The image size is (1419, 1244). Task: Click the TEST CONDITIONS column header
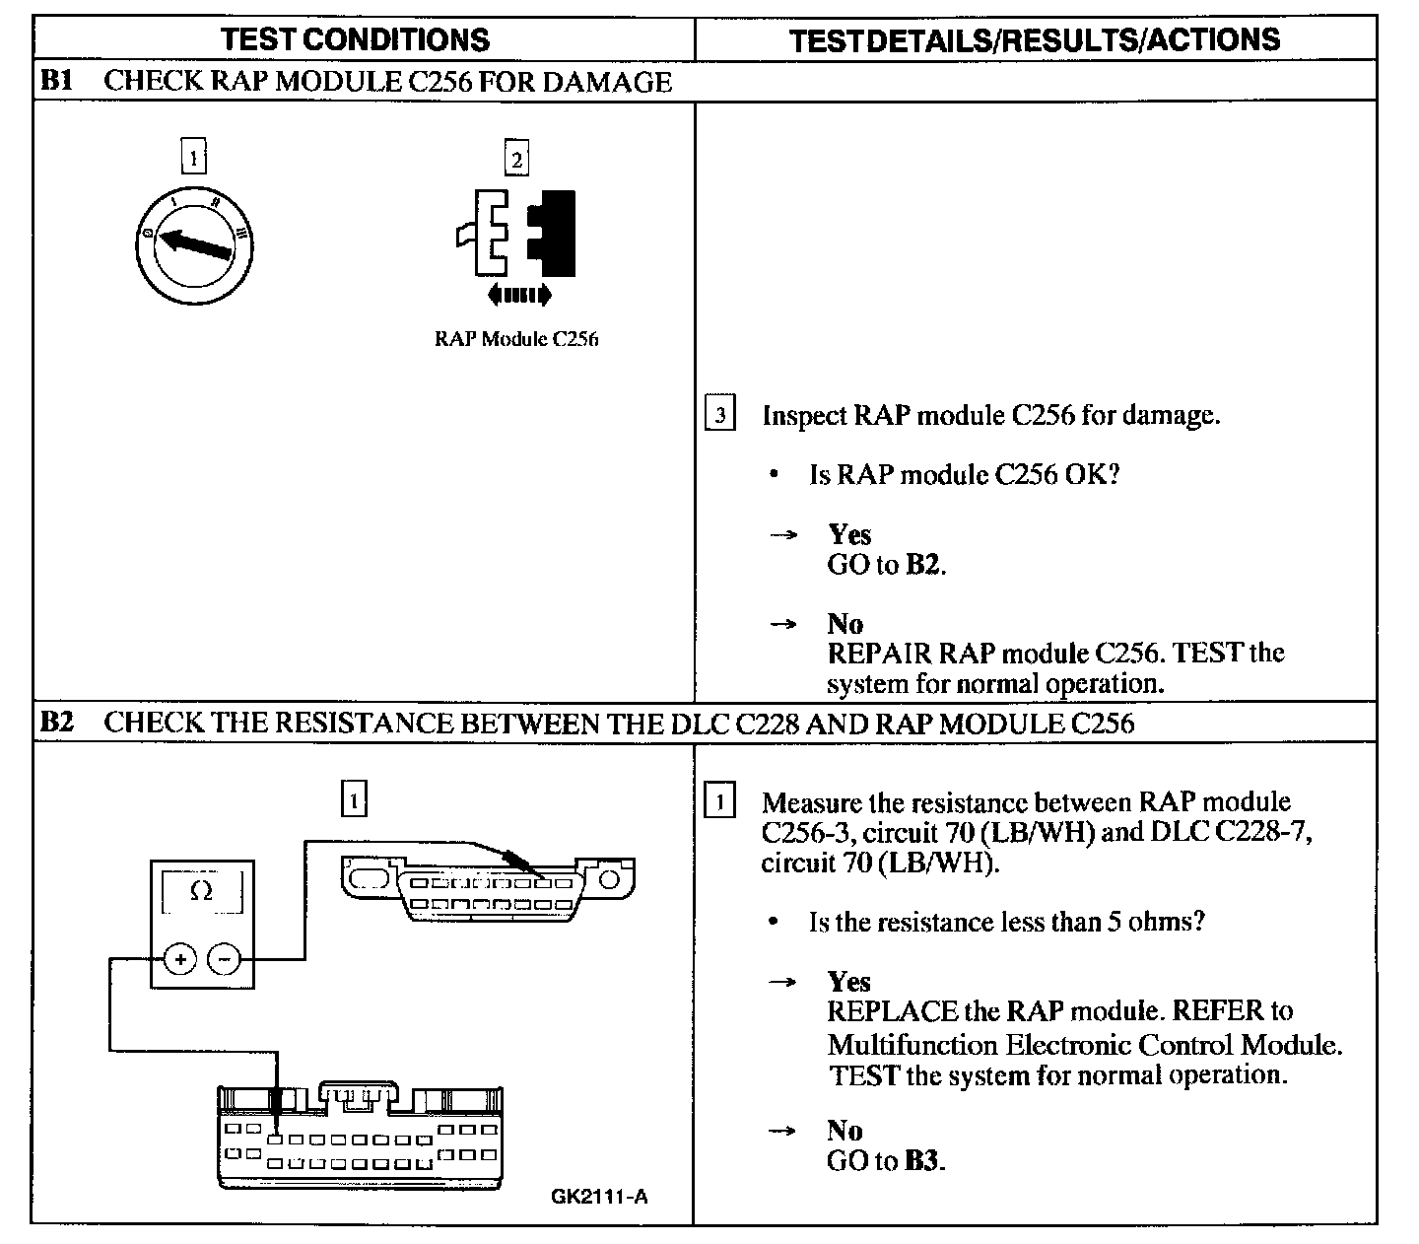(355, 39)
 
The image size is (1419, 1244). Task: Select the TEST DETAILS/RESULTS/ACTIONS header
(1035, 39)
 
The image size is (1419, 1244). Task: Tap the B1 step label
(55, 81)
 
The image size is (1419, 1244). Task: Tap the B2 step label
(55, 723)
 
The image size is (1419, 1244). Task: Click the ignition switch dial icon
(194, 240)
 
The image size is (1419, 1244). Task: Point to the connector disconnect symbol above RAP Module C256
(518, 237)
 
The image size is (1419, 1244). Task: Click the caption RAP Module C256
(516, 339)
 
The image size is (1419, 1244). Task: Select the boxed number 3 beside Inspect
(720, 415)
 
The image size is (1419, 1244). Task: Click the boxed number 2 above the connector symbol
(515, 159)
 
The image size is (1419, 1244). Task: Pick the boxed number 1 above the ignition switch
(194, 157)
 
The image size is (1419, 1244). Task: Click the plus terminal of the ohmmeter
(179, 958)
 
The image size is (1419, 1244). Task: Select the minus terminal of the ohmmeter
(226, 958)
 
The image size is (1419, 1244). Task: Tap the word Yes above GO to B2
(849, 535)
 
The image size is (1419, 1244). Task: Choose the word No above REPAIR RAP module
(845, 624)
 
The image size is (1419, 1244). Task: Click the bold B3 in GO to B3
(921, 1161)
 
